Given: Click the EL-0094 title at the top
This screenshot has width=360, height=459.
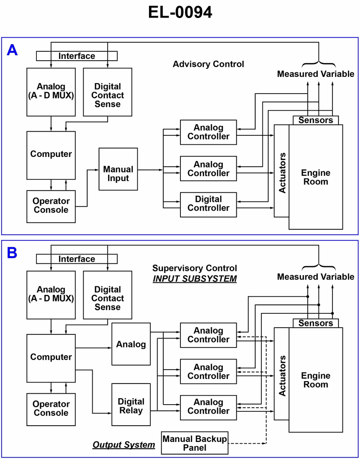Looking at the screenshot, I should coord(180,13).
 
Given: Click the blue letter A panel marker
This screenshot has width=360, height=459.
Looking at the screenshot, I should coord(12,50).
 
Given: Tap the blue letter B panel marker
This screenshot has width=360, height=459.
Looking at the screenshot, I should coord(12,253).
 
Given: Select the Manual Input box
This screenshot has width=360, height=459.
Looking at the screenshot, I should coord(118,174).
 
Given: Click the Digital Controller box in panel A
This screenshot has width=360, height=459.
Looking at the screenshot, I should coord(208,204).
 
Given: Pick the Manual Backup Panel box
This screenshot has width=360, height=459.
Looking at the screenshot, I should coord(194,443).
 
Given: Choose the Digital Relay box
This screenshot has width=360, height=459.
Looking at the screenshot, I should coord(131,405).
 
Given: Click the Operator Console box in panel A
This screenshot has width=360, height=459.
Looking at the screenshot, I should coord(51,206).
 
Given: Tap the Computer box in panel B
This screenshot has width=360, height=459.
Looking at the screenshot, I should coord(51,357).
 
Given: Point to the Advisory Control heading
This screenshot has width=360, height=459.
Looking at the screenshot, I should coord(208,64).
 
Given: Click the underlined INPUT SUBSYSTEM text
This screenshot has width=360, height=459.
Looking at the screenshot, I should coord(194,278).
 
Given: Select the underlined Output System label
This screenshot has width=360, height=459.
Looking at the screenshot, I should coord(124,445).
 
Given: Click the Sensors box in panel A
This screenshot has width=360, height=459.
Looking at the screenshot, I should coord(315,120).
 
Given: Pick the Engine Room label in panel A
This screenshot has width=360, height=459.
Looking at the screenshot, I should coord(315,177).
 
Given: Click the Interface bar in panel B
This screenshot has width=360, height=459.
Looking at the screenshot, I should coord(76,259).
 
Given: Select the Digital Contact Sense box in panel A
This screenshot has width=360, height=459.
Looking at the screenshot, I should coord(108,95).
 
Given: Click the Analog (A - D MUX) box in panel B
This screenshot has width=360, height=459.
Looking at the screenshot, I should coord(51,294).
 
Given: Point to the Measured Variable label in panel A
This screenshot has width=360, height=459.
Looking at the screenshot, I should coord(315,74).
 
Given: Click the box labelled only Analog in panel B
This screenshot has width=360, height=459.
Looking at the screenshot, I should coord(131,344).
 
